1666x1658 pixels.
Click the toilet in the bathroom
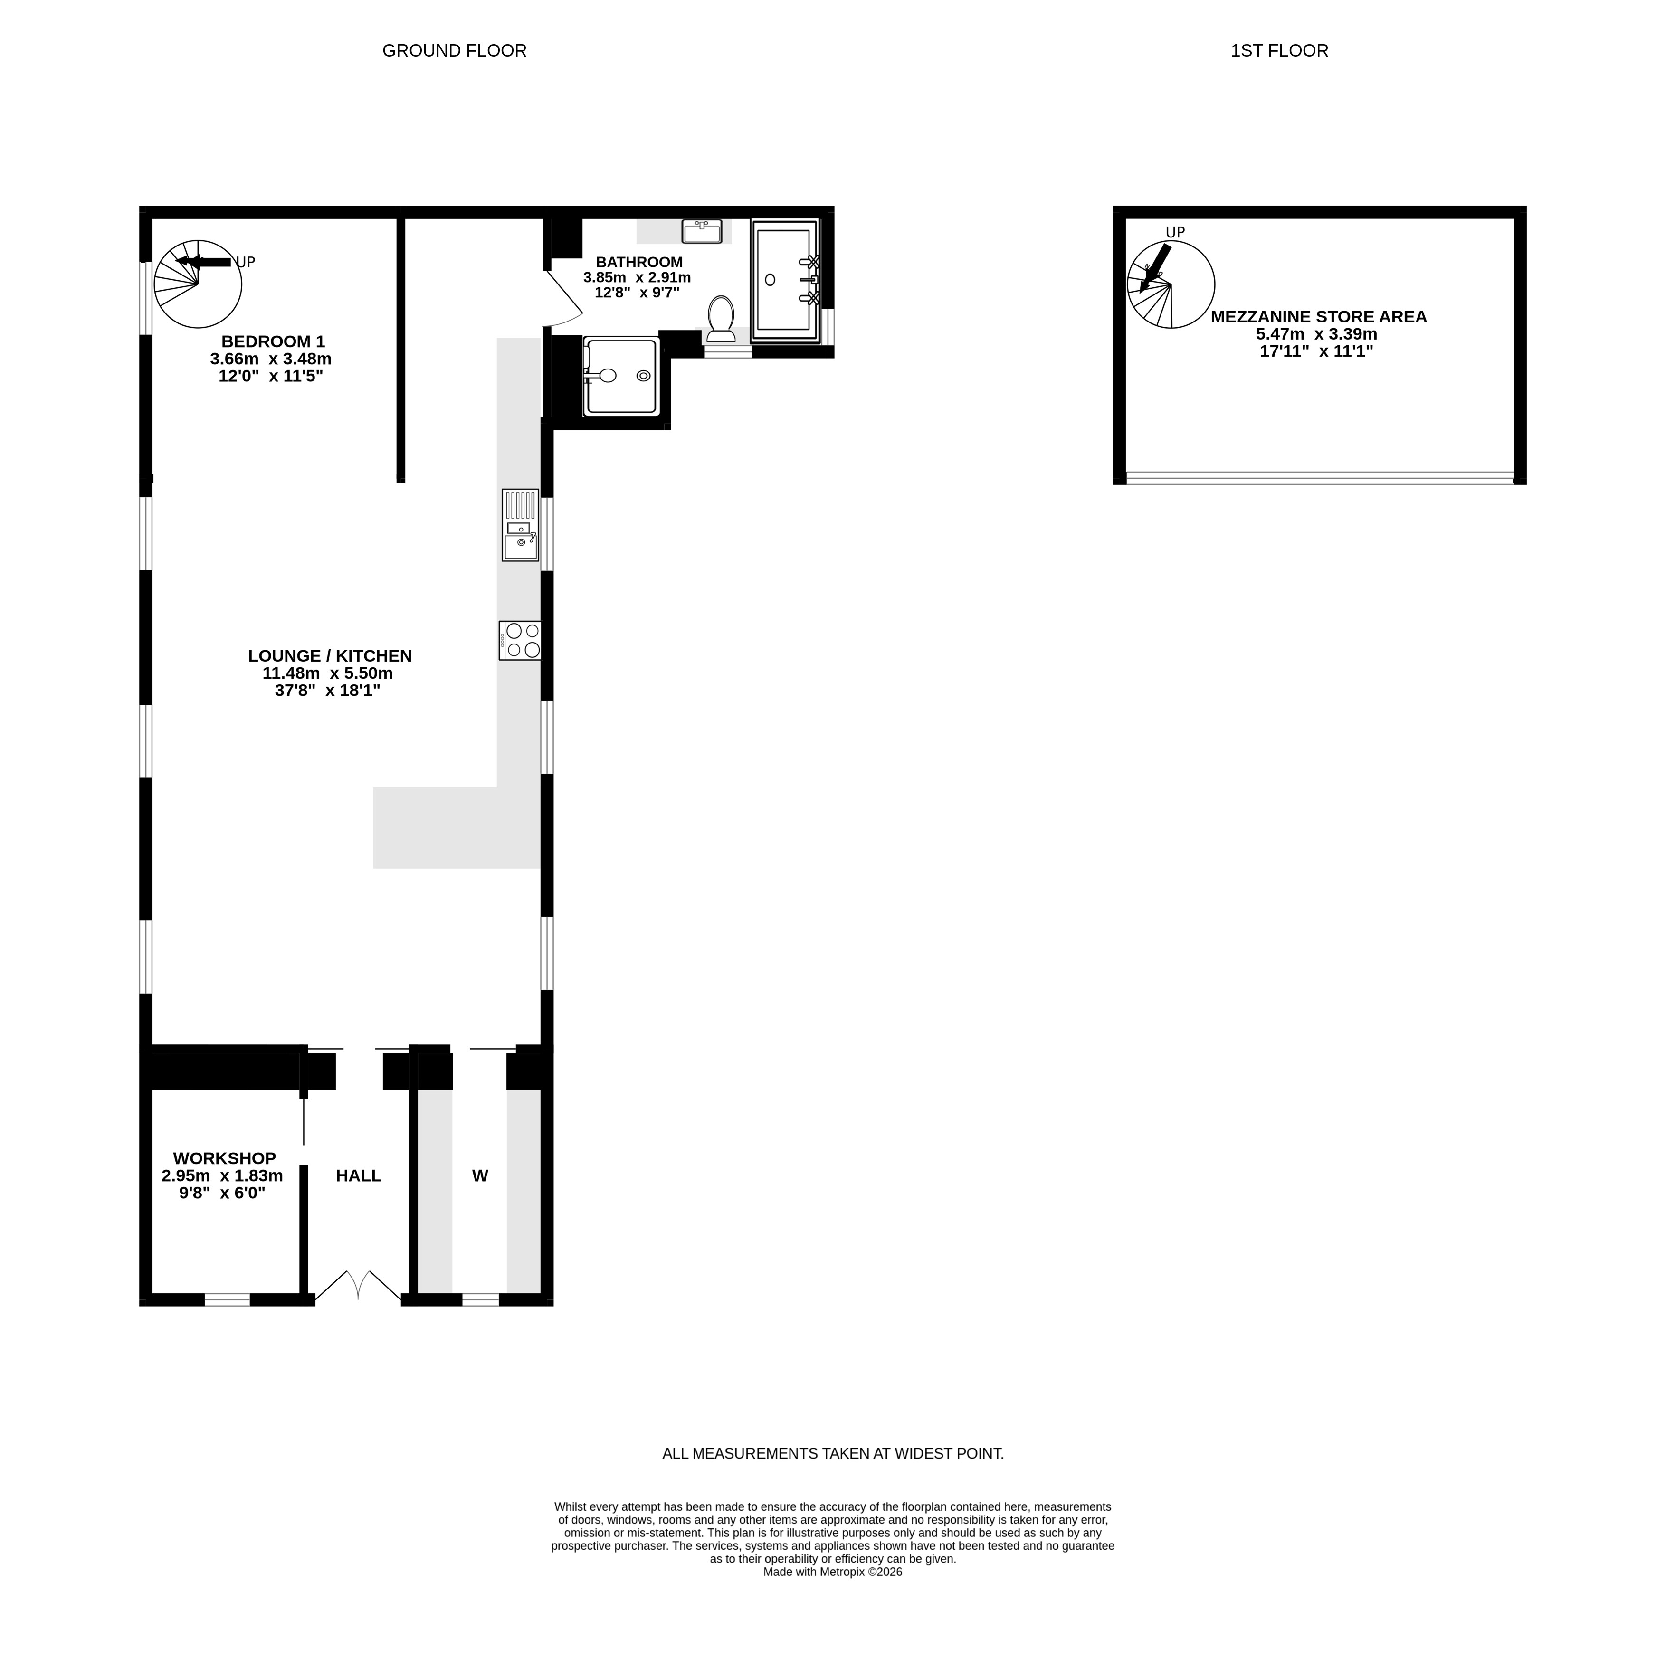click(721, 318)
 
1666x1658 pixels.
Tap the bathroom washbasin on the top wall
click(702, 231)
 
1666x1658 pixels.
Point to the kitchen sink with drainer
click(521, 525)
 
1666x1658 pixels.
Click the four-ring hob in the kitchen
click(520, 641)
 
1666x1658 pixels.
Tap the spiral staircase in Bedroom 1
click(198, 284)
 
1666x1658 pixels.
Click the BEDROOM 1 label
click(273, 341)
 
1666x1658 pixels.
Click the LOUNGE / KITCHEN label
click(330, 656)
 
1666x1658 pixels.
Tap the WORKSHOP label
click(224, 1158)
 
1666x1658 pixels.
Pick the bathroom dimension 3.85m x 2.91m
click(637, 278)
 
